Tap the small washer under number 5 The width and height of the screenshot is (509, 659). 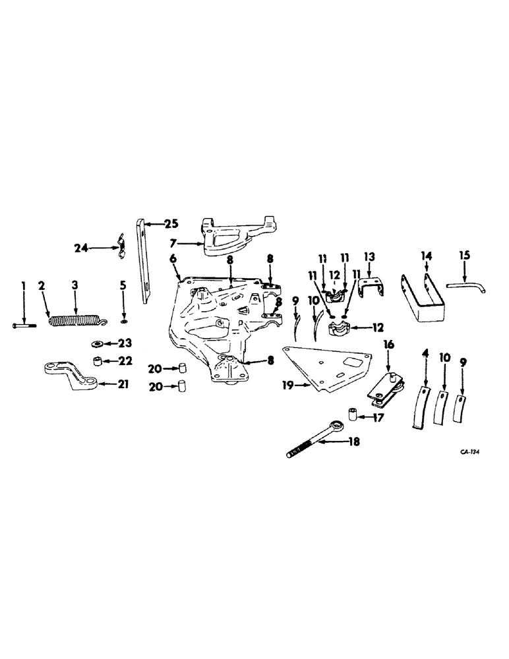[123, 322]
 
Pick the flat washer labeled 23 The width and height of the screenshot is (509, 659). [96, 343]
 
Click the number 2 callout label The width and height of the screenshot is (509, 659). [41, 285]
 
